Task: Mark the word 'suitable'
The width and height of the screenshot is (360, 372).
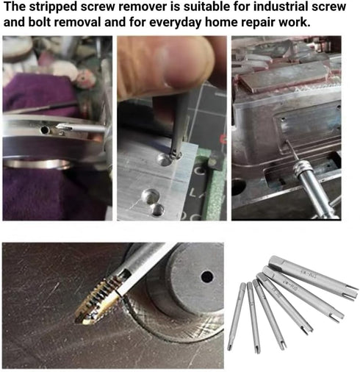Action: click(x=212, y=8)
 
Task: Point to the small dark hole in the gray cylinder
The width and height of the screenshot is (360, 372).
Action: click(x=206, y=277)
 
